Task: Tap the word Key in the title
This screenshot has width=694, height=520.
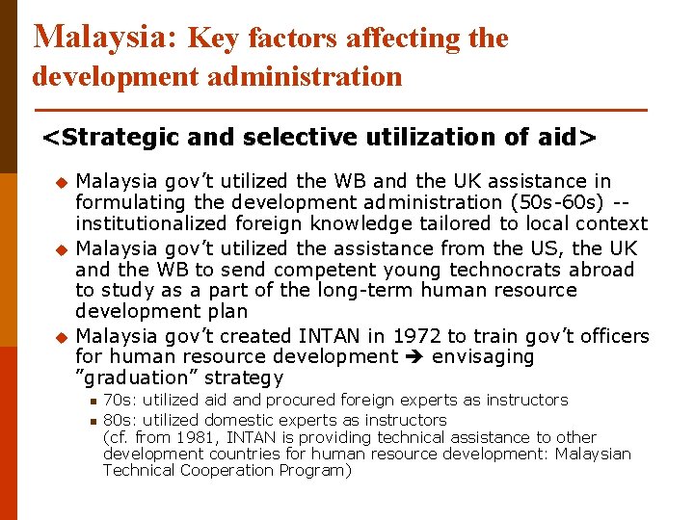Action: (x=213, y=39)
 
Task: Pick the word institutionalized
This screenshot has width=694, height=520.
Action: (x=155, y=223)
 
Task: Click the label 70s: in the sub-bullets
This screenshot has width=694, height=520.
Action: (x=119, y=400)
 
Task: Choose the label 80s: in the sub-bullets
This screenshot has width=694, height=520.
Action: (x=119, y=420)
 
